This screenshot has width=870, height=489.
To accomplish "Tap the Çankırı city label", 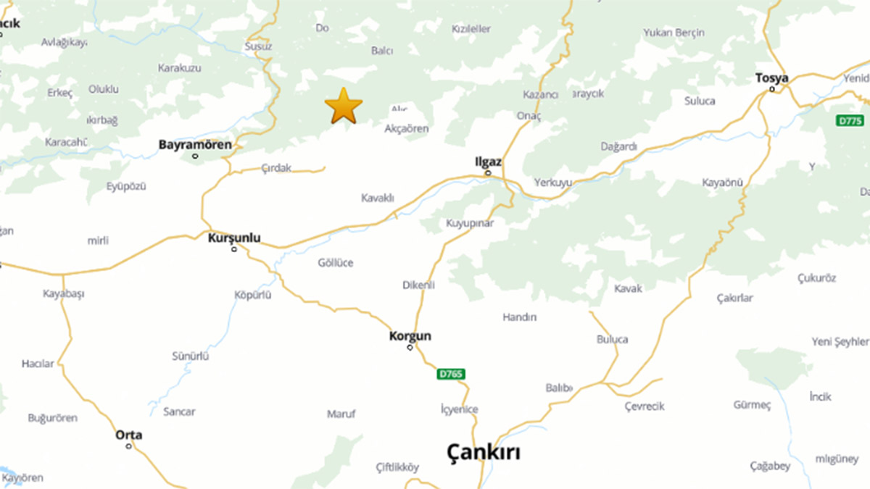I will (x=484, y=453).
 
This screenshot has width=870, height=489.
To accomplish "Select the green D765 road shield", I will (x=451, y=375).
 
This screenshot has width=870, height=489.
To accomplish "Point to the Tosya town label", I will (x=771, y=78).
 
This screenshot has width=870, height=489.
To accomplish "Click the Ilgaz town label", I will (x=487, y=162).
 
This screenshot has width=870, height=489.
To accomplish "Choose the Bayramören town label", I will (x=195, y=145).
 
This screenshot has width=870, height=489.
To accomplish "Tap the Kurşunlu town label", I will (x=234, y=238).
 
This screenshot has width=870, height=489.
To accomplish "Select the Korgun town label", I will (x=410, y=336).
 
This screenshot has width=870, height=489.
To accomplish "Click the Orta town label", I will (x=129, y=435).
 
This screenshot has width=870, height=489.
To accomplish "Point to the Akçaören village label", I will (x=407, y=129).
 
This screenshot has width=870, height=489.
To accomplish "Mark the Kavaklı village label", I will (x=377, y=198).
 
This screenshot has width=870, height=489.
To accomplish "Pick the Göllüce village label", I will (x=336, y=263).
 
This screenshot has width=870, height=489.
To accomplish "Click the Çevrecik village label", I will (x=645, y=406).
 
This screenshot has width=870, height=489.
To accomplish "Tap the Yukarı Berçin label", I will (x=674, y=33).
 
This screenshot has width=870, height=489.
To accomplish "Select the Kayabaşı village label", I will (x=64, y=294).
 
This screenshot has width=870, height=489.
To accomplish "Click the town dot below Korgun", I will (x=410, y=348).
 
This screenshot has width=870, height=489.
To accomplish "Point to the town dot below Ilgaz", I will (x=488, y=173).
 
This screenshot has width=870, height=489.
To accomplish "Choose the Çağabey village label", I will (x=770, y=466).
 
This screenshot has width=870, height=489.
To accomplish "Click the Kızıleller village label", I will (x=471, y=29).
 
